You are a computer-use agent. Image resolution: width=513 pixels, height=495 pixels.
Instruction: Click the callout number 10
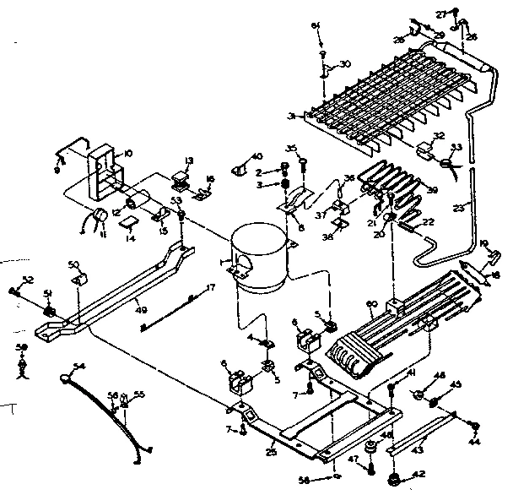click(x=129, y=153)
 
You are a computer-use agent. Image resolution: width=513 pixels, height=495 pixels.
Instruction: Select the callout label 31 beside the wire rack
click(x=292, y=116)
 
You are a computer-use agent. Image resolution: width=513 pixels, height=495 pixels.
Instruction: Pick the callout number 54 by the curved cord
click(x=79, y=367)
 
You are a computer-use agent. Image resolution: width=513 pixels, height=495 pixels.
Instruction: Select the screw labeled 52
click(x=15, y=291)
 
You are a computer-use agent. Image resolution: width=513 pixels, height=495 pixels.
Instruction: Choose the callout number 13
click(x=189, y=160)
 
